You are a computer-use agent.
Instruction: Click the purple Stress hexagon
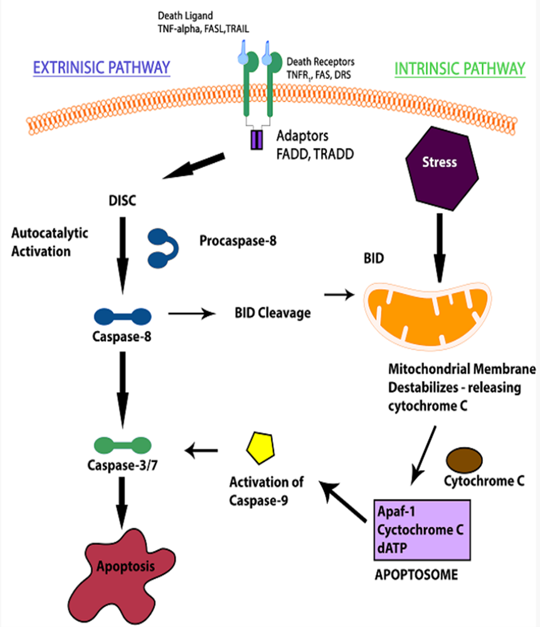click(x=442, y=168)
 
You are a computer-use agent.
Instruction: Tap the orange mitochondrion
click(x=427, y=315)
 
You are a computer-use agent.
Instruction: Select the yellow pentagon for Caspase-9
click(x=260, y=448)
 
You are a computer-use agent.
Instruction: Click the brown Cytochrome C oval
click(x=464, y=460)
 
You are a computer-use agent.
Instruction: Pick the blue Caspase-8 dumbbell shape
click(x=122, y=317)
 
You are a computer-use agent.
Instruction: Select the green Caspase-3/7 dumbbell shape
click(x=122, y=445)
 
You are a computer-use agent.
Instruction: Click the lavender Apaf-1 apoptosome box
click(x=422, y=530)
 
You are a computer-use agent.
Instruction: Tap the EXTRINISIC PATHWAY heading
click(x=102, y=68)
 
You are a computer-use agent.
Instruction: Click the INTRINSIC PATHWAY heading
click(x=460, y=69)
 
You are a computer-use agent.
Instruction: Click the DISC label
click(x=122, y=201)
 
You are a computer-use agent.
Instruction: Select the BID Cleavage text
click(x=273, y=313)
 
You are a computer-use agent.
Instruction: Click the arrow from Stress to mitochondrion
click(x=440, y=248)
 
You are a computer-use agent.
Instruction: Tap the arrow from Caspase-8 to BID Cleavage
click(x=193, y=313)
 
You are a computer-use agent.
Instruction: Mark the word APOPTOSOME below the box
click(x=416, y=575)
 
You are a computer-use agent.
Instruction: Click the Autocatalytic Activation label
click(x=50, y=242)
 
